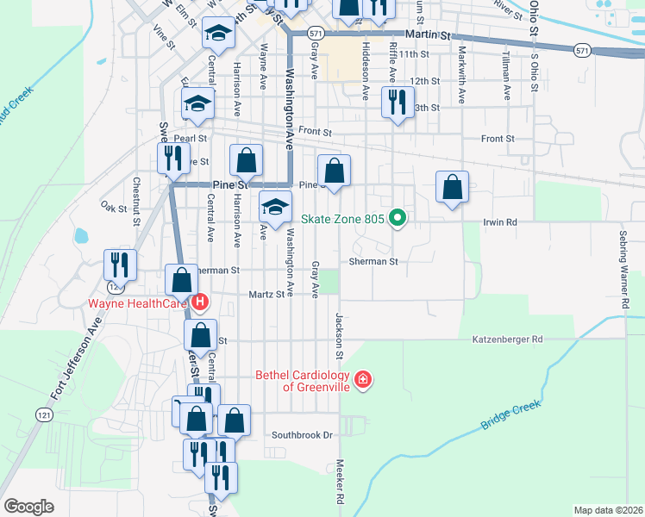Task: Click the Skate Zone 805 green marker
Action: pyautogui.click(x=398, y=218)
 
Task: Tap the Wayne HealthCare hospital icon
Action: pyautogui.click(x=200, y=302)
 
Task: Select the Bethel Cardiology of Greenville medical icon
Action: pyautogui.click(x=363, y=379)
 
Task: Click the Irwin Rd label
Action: pyautogui.click(x=499, y=222)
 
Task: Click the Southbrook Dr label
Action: pyautogui.click(x=302, y=435)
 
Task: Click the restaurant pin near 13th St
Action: pyautogui.click(x=397, y=103)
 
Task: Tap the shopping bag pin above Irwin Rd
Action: pyautogui.click(x=452, y=186)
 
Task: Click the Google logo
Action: pyautogui.click(x=28, y=507)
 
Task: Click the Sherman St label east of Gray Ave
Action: pyautogui.click(x=373, y=260)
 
